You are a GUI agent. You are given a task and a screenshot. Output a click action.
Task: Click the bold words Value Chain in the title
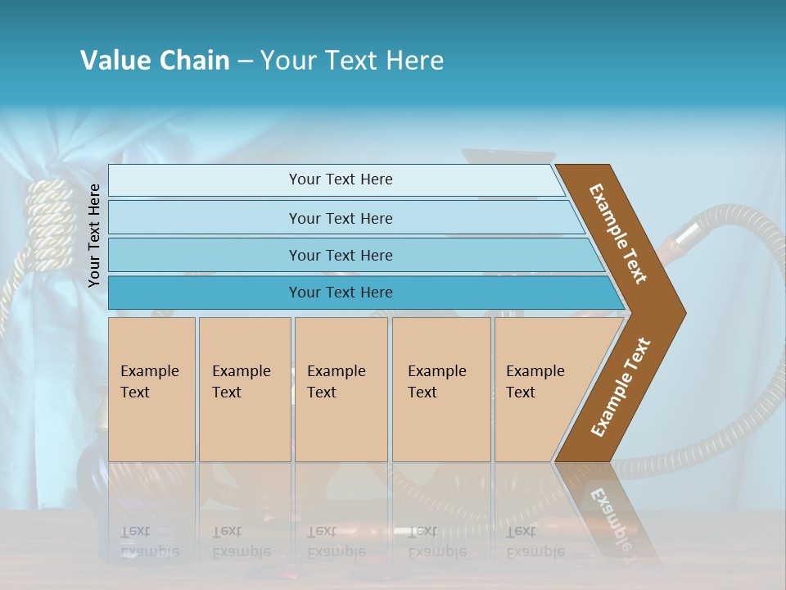point(155,60)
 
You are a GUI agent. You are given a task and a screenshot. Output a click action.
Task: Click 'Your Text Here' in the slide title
point(352,60)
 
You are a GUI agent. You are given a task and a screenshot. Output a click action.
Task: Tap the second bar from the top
point(340,218)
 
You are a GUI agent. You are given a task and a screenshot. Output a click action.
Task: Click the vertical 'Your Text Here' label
point(94,235)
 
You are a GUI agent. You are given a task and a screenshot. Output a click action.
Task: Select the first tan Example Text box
point(151,389)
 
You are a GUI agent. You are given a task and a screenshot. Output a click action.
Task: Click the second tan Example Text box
point(245,389)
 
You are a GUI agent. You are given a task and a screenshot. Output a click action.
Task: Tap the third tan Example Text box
point(341,389)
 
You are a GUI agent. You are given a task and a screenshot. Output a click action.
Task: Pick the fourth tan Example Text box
point(441,389)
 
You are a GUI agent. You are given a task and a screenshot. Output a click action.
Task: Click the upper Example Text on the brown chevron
point(618,234)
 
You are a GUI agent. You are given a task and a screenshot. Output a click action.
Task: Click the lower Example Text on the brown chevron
point(620,388)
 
